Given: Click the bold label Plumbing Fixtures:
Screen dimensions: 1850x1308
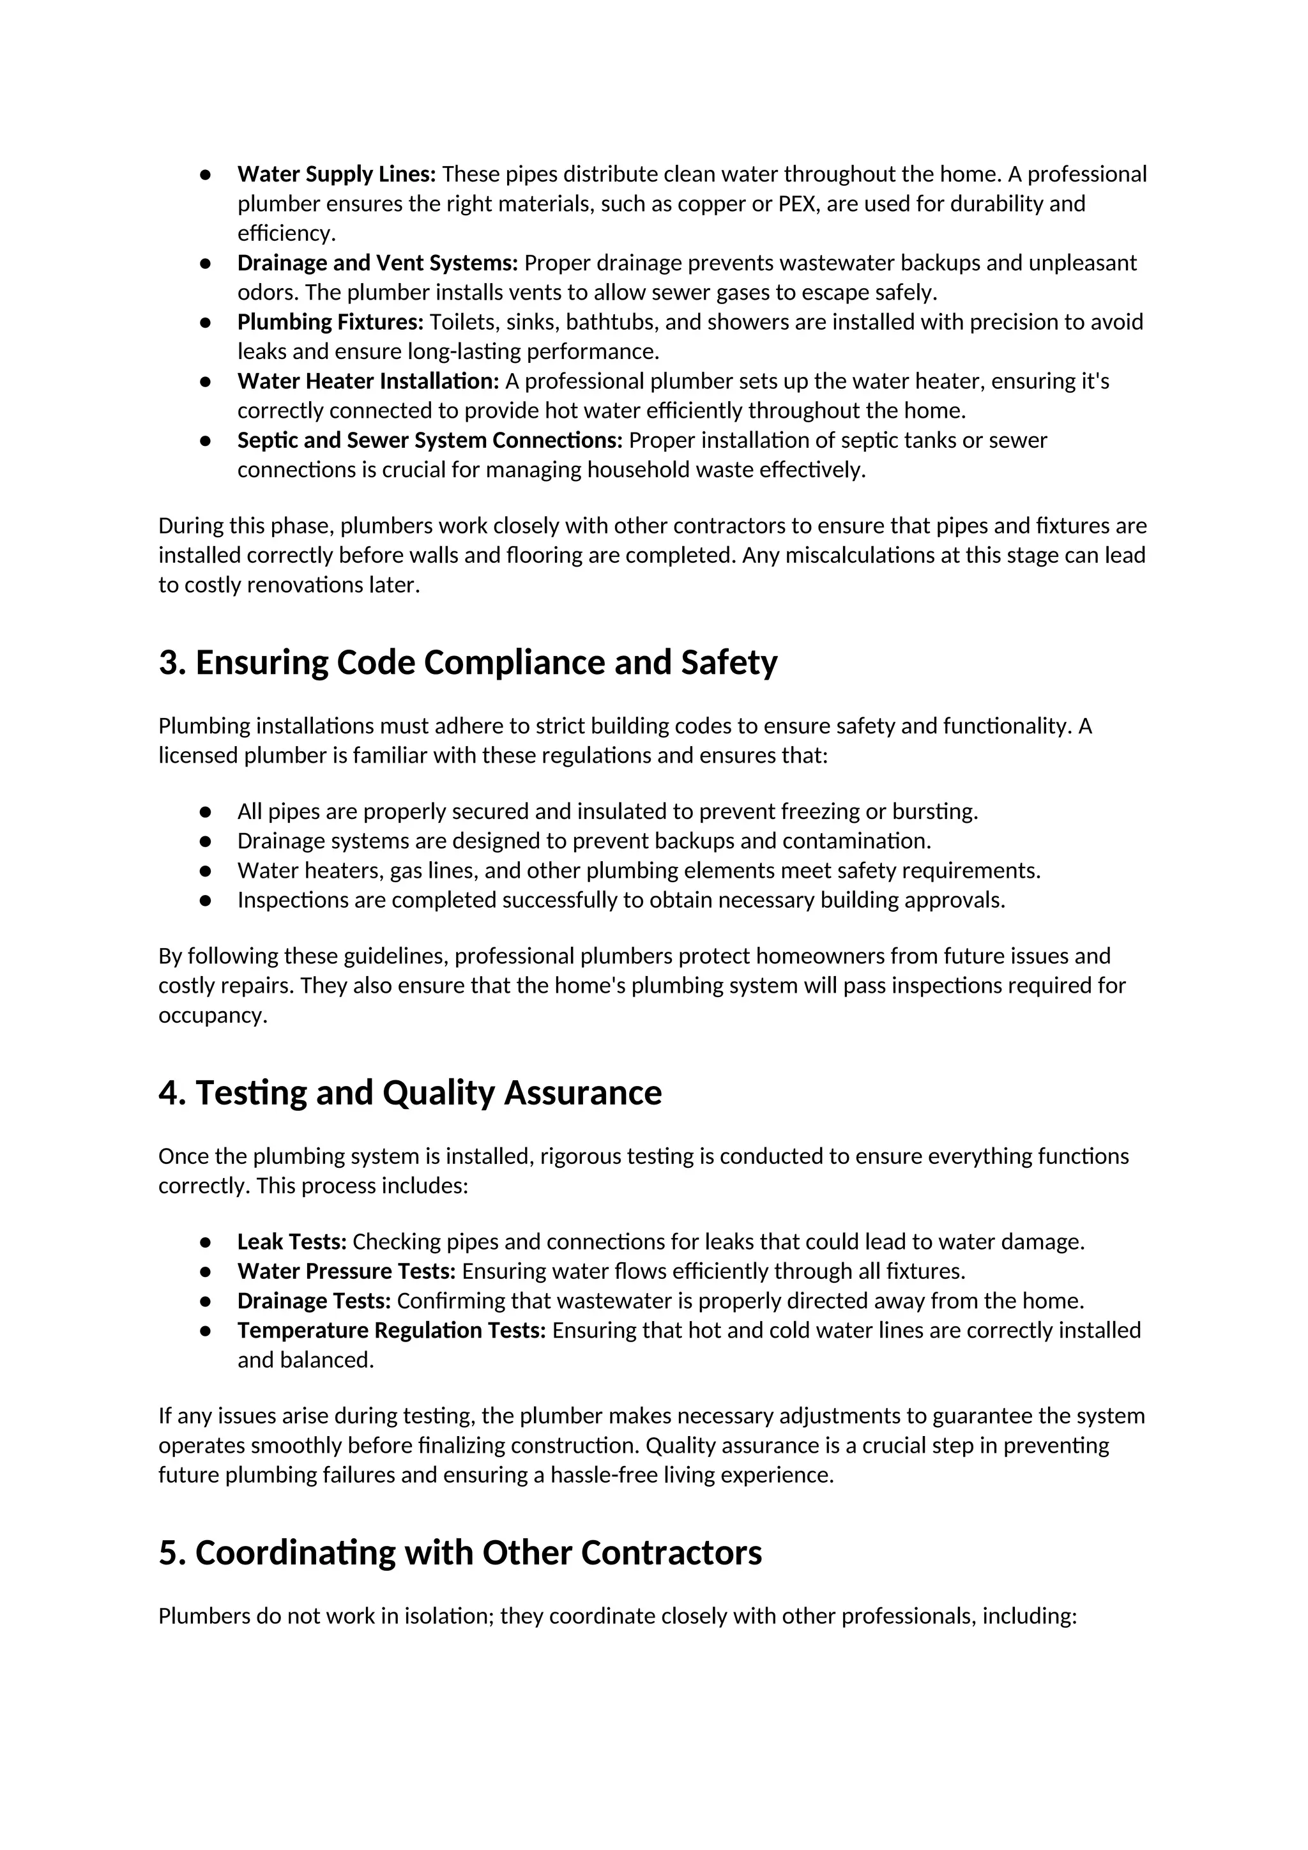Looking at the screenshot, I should click(330, 323).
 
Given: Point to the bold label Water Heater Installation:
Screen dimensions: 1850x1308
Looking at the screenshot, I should click(368, 381).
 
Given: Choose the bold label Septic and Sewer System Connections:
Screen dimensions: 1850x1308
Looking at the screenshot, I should click(430, 441).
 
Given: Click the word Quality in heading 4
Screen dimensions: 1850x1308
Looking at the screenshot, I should click(438, 1094).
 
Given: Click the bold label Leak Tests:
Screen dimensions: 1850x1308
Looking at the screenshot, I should click(292, 1242).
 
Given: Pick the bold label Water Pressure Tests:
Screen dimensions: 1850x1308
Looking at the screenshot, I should click(346, 1271).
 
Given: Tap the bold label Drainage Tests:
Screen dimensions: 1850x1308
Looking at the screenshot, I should click(314, 1301).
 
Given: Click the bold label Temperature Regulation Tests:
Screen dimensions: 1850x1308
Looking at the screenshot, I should click(392, 1330).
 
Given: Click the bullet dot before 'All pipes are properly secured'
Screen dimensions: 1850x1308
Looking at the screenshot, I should click(206, 812).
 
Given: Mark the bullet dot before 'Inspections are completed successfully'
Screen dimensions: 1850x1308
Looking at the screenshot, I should click(206, 901).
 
